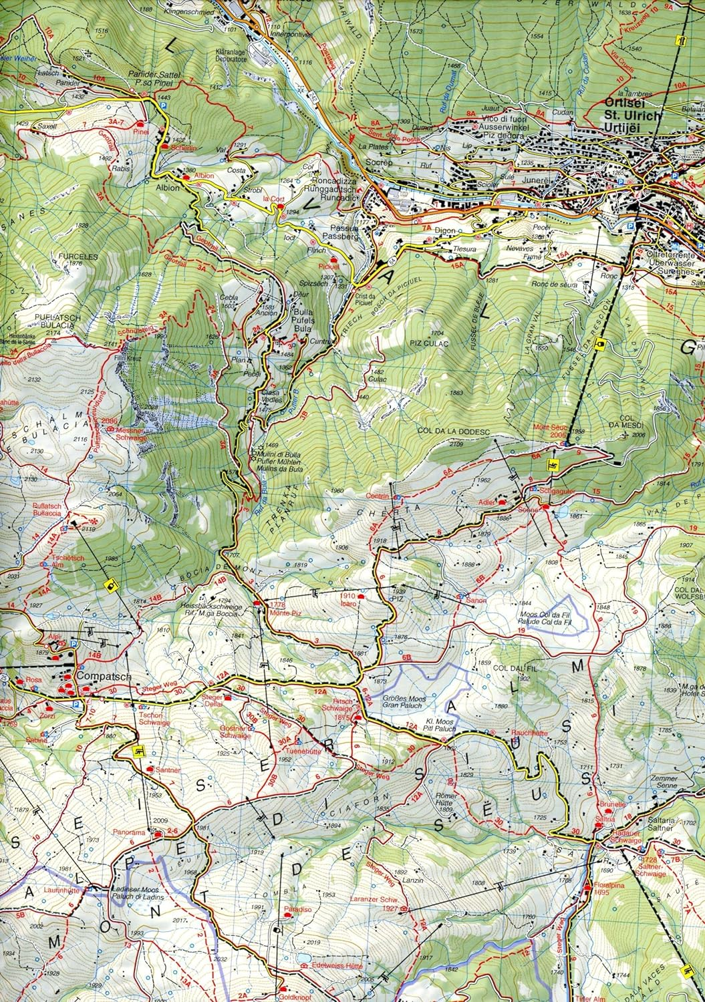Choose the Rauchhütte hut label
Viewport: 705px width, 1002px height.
click(529, 733)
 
